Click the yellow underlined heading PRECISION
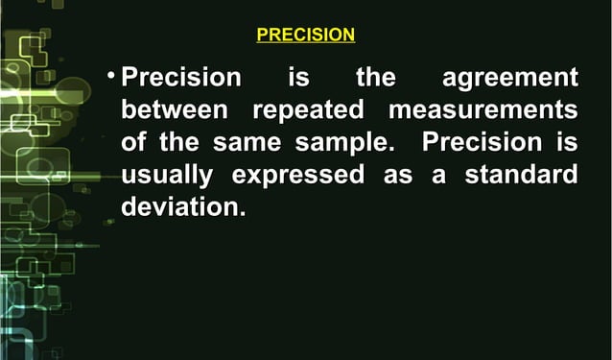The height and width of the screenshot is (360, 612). click(x=306, y=36)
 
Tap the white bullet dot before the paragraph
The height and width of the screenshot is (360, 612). click(x=112, y=73)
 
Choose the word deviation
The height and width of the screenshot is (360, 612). click(x=178, y=208)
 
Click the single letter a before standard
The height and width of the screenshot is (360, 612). click(x=442, y=176)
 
